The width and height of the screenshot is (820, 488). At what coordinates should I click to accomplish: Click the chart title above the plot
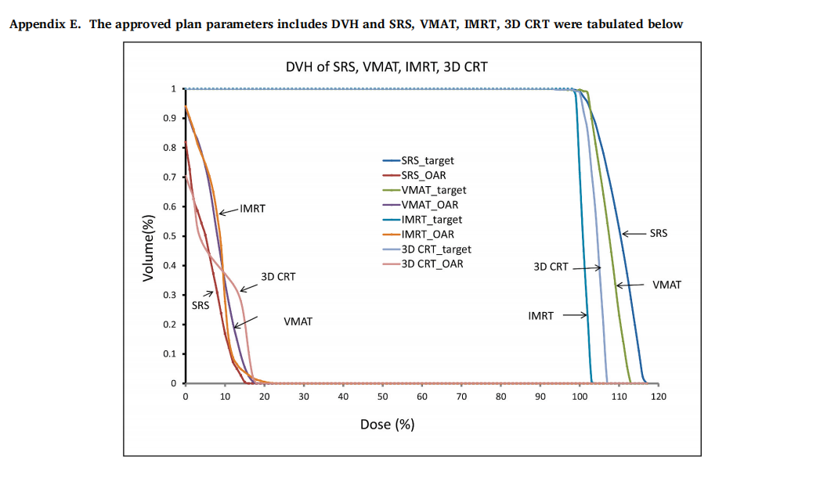pyautogui.click(x=387, y=66)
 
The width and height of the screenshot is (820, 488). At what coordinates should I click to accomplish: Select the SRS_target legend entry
pyautogui.click(x=427, y=161)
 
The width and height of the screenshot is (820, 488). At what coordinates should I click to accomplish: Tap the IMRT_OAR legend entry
pyautogui.click(x=428, y=234)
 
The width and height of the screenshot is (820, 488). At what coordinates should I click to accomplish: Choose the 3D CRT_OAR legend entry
pyautogui.click(x=432, y=264)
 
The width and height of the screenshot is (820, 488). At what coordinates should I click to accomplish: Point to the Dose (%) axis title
pyautogui.click(x=387, y=425)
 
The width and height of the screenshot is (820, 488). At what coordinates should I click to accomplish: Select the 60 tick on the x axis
pyautogui.click(x=421, y=396)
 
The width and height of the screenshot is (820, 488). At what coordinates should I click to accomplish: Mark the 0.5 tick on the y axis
pyautogui.click(x=168, y=236)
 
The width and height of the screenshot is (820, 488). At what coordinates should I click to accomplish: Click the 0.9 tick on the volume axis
pyautogui.click(x=168, y=118)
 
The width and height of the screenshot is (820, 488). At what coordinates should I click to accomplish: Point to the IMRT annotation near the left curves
pyautogui.click(x=252, y=209)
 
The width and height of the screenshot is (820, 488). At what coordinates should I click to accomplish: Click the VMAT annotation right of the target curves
pyautogui.click(x=666, y=285)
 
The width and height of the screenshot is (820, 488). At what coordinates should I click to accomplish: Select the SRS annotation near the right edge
pyautogui.click(x=659, y=233)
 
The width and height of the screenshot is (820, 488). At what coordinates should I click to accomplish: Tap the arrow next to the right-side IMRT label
pyautogui.click(x=574, y=316)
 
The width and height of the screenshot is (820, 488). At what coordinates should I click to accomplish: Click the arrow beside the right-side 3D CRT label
pyautogui.click(x=587, y=267)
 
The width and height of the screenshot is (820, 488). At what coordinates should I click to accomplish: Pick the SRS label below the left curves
pyautogui.click(x=200, y=306)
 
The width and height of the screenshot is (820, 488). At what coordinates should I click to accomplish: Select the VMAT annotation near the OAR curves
pyautogui.click(x=298, y=321)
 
